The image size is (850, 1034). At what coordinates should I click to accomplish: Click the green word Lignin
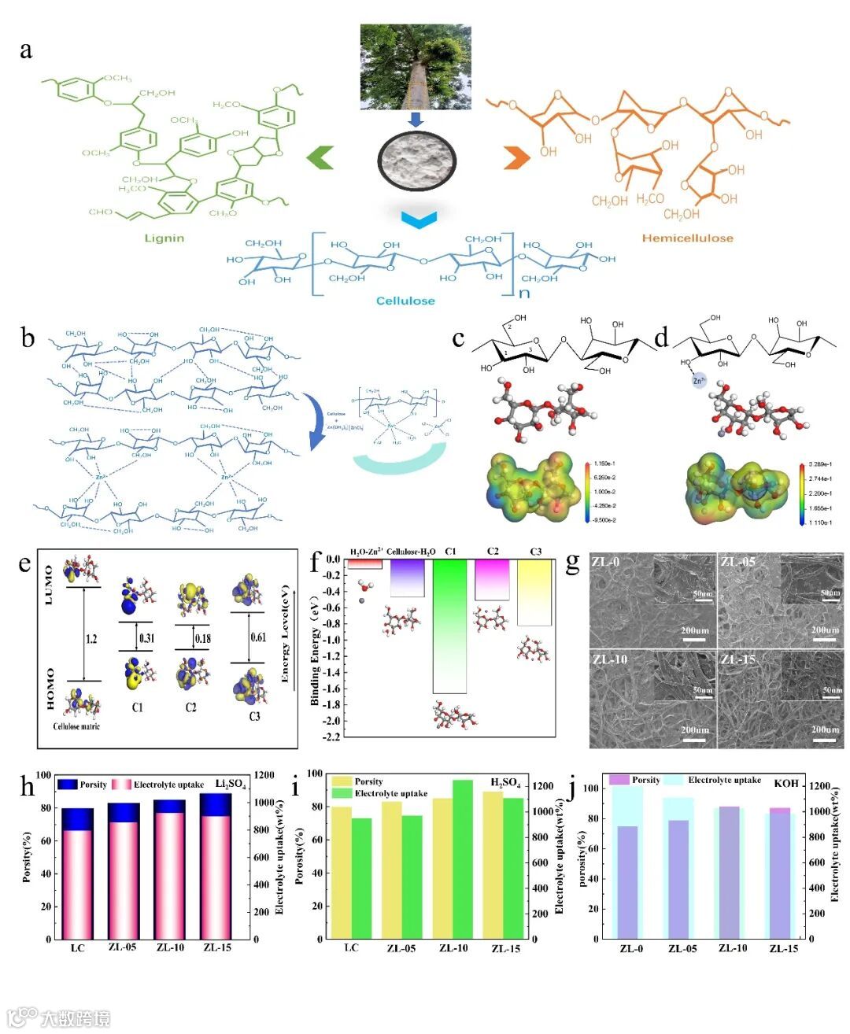coord(164,238)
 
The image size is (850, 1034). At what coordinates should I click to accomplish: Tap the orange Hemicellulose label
coord(687,238)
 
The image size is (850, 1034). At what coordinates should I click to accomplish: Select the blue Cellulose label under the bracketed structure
coord(405,301)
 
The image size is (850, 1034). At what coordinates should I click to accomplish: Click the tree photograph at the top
coord(416,66)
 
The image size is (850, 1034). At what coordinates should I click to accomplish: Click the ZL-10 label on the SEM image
coord(609,659)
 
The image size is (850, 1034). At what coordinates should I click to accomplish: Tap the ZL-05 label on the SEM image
coord(737,562)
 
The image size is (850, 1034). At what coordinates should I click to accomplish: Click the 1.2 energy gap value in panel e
coord(91,638)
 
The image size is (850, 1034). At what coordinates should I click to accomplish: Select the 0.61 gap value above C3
coord(258,637)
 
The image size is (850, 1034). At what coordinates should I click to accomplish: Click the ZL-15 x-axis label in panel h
coord(217,947)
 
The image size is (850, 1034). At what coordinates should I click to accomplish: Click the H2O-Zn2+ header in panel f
coord(365,552)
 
